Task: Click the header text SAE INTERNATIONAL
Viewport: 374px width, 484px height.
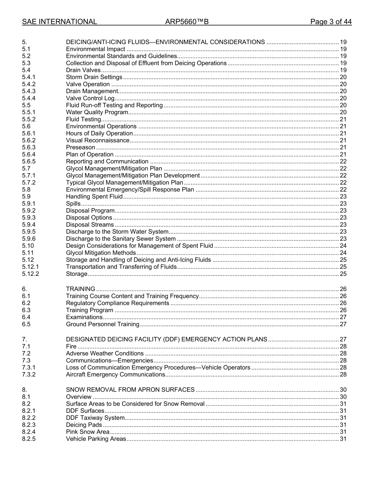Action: tap(59, 22)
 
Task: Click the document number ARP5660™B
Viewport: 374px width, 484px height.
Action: tap(187, 22)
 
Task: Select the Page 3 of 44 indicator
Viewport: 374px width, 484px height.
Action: tap(331, 22)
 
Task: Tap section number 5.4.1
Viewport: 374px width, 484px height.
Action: tap(29, 77)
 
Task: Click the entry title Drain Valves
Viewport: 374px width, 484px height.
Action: tap(83, 70)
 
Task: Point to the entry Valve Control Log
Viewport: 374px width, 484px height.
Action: tap(90, 98)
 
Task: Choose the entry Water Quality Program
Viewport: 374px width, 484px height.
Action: tap(97, 112)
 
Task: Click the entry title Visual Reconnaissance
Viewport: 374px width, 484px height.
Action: tap(97, 140)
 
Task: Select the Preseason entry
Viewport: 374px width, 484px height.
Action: tap(80, 148)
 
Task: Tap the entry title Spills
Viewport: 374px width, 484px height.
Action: tap(73, 204)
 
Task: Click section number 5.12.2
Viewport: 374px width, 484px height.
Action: tap(31, 274)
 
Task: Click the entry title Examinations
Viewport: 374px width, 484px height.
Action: tap(84, 317)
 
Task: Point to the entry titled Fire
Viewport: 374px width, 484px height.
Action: tap(71, 347)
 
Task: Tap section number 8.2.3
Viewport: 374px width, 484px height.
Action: tap(29, 425)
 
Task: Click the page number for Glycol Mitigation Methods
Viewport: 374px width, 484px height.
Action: tap(343, 253)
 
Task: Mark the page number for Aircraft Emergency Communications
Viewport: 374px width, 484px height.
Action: tap(343, 375)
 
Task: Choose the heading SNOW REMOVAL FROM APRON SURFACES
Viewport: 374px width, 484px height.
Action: tap(130, 390)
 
